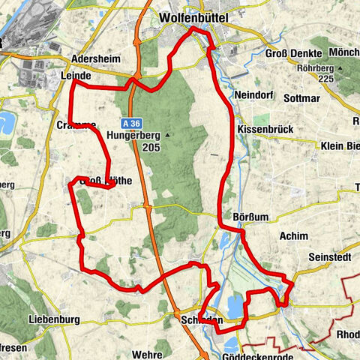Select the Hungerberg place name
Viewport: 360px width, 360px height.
[x=134, y=136]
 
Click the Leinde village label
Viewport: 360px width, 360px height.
[x=75, y=76]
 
